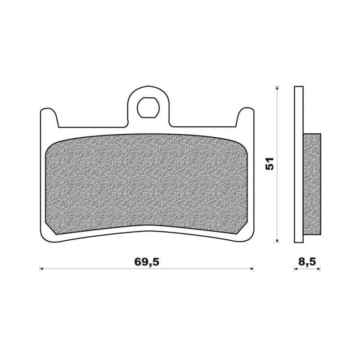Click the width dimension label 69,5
[x=147, y=261]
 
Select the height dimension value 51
[x=270, y=164]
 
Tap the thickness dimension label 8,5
[x=307, y=261]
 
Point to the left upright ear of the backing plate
[x=49, y=117]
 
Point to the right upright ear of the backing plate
[x=245, y=117]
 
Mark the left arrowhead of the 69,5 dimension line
[x=42, y=269]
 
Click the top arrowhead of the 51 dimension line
[x=278, y=88]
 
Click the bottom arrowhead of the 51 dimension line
[x=278, y=240]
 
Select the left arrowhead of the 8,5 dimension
[x=296, y=269]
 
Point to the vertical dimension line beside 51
[x=278, y=202]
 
